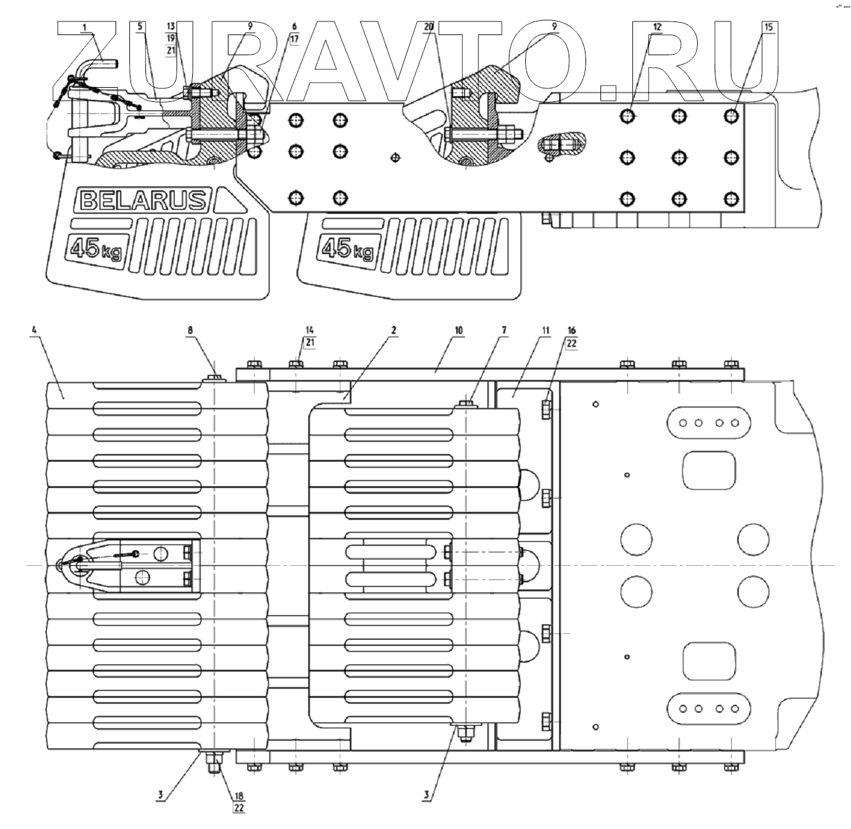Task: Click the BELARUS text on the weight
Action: pos(143,200)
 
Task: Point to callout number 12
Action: pos(658,27)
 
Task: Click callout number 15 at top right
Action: pos(769,27)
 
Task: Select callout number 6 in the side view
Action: pos(294,27)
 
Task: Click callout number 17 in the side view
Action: pos(294,38)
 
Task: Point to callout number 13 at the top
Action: pos(171,27)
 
